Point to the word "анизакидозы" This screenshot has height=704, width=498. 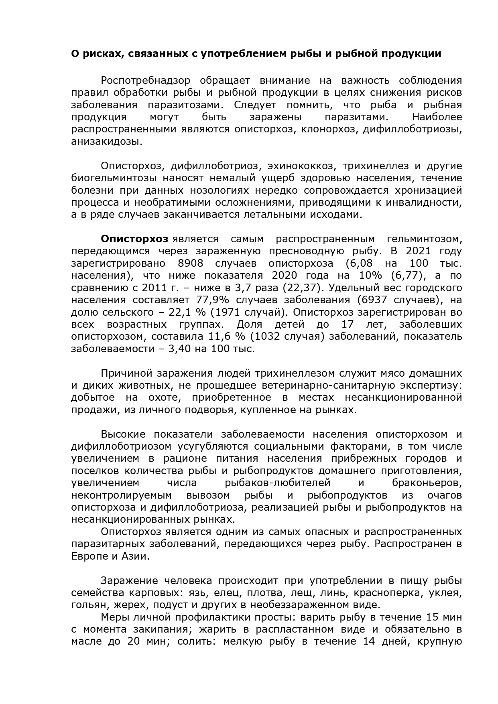(106, 142)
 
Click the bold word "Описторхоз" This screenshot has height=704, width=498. (134, 239)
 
